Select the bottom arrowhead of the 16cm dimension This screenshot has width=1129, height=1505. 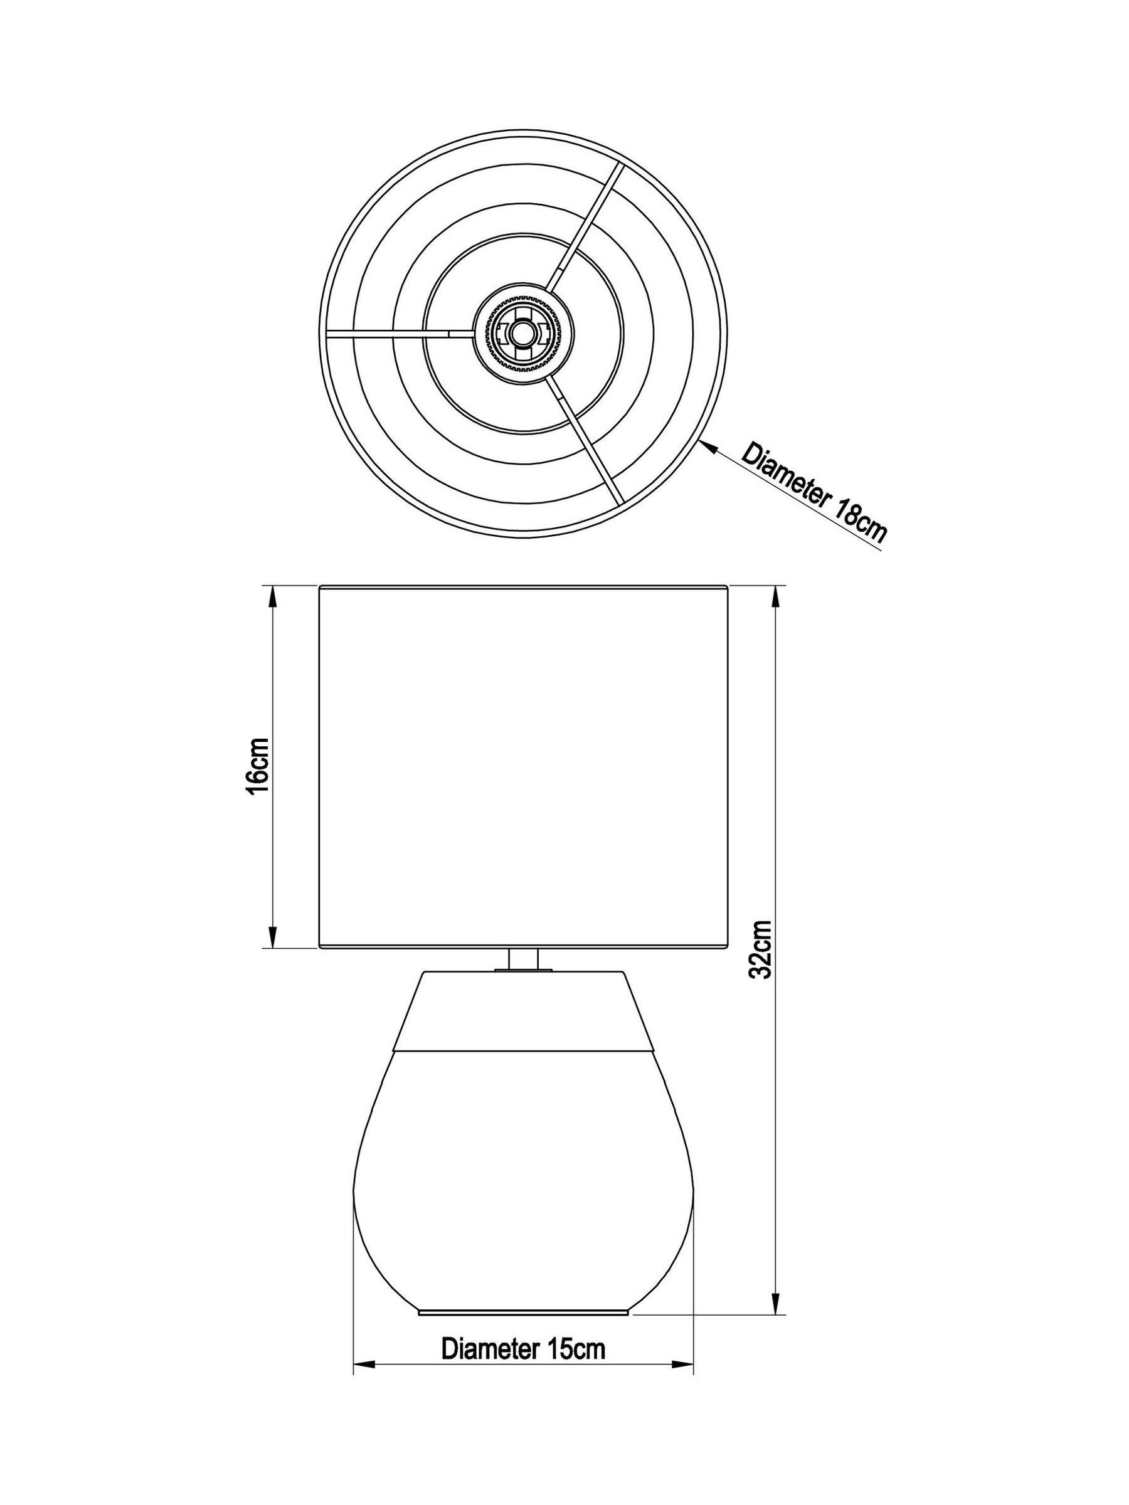(272, 936)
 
